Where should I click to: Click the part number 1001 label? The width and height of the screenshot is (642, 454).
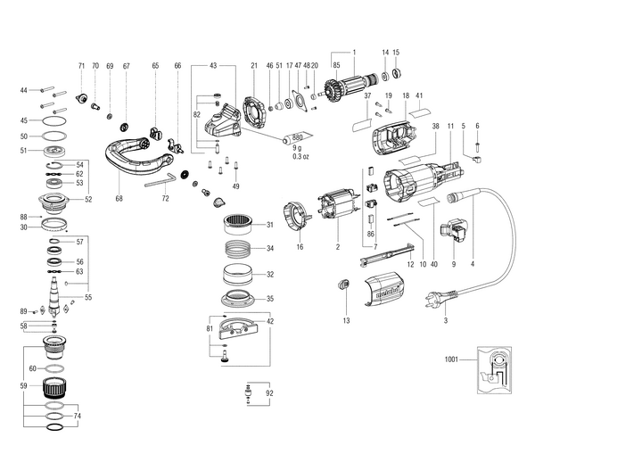(x=450, y=359)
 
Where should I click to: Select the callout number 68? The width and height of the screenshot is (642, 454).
(x=119, y=199)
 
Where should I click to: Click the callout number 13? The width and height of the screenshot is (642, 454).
(x=344, y=318)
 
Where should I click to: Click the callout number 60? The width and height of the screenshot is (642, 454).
(x=32, y=367)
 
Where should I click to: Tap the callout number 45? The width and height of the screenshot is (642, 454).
(x=24, y=120)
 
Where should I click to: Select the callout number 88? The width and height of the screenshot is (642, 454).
(x=24, y=217)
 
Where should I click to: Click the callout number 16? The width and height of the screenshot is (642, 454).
(x=300, y=247)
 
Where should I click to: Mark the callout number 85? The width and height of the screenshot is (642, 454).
(x=336, y=65)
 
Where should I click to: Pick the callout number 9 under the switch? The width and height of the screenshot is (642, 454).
(x=454, y=265)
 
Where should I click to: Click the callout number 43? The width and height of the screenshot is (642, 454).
(x=213, y=65)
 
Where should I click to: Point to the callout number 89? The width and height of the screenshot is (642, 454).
(x=24, y=310)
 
